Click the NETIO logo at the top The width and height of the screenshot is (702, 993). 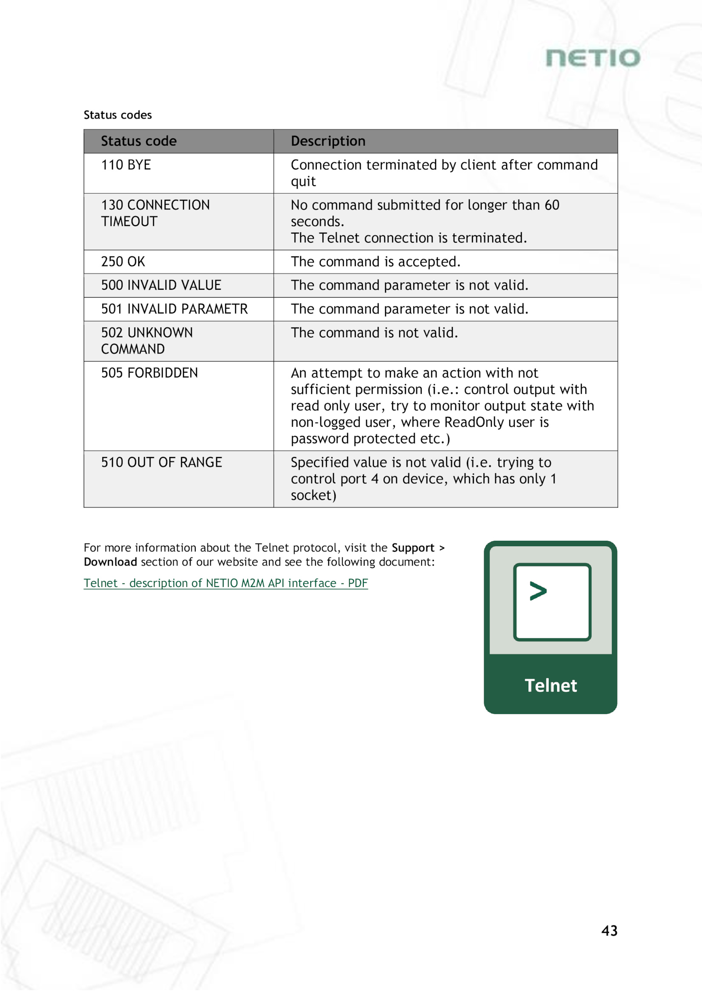(x=593, y=58)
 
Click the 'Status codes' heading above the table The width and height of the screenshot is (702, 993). (x=118, y=115)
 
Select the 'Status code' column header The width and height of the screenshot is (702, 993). (x=139, y=141)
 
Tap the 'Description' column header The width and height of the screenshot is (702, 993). (x=328, y=141)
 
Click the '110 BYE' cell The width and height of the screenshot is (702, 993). (x=126, y=165)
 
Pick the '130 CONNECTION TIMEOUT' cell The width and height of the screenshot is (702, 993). (x=155, y=213)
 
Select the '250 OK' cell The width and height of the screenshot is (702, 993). (x=123, y=262)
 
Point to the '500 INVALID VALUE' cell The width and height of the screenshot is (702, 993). (x=161, y=285)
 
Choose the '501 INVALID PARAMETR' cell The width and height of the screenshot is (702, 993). (x=174, y=309)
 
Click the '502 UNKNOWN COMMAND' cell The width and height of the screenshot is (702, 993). (x=147, y=341)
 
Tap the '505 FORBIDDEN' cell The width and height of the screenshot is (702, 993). (x=149, y=373)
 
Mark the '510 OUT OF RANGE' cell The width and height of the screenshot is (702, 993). (x=161, y=462)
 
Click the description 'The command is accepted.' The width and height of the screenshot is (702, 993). (x=376, y=262)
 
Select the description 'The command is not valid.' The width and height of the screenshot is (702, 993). (x=374, y=333)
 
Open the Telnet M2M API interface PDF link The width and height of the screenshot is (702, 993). (x=226, y=583)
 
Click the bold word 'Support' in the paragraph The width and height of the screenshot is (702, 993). (x=413, y=548)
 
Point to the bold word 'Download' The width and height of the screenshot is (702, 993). (x=111, y=562)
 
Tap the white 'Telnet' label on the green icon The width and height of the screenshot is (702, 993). (x=551, y=686)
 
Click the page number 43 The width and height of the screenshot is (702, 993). (x=609, y=931)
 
